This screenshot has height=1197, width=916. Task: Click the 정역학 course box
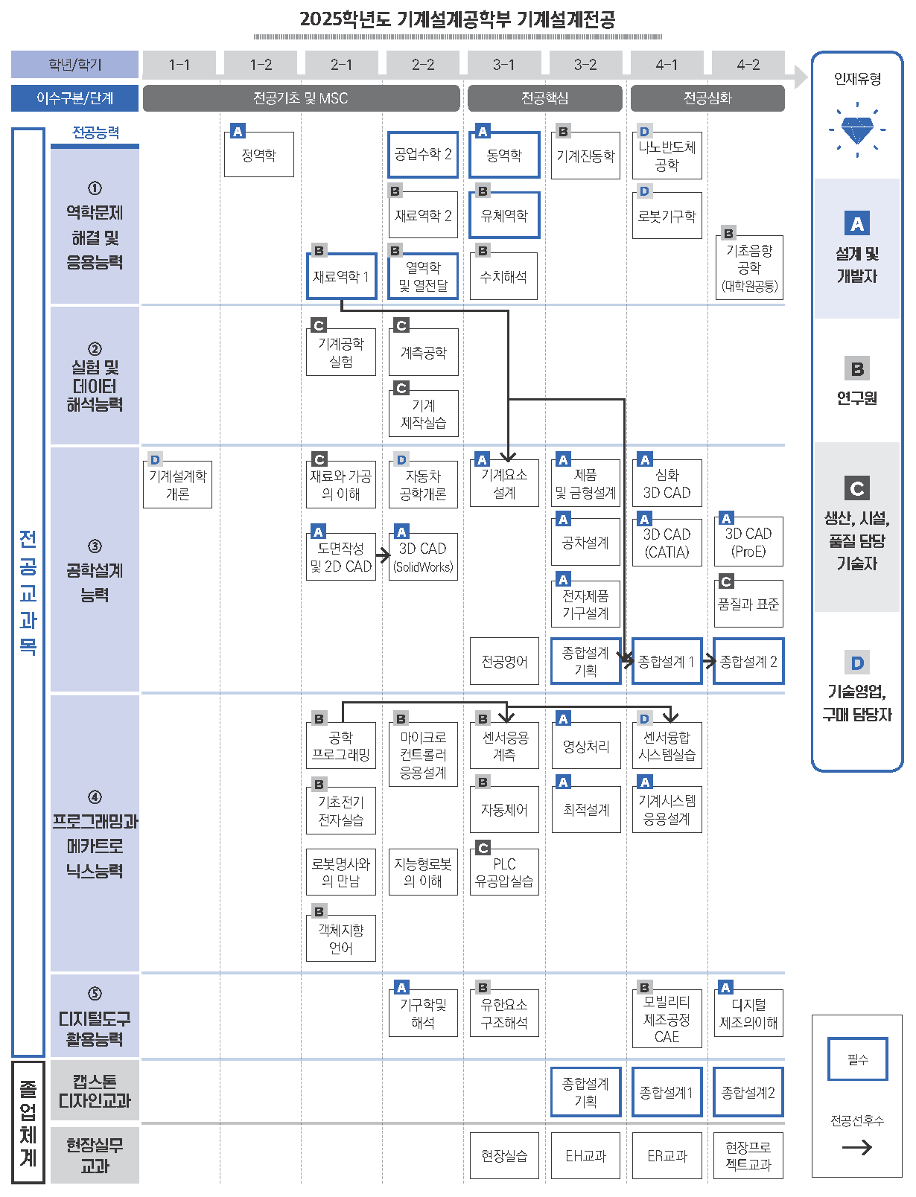pyautogui.click(x=259, y=155)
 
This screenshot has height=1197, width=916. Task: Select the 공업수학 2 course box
pyautogui.click(x=423, y=155)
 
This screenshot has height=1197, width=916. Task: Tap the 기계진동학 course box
pyautogui.click(x=585, y=156)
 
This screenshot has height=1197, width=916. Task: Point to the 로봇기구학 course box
pyautogui.click(x=667, y=217)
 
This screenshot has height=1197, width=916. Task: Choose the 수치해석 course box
pyautogui.click(x=503, y=276)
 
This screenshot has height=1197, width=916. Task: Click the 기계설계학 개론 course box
pyautogui.click(x=177, y=485)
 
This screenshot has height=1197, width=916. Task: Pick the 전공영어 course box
pyautogui.click(x=504, y=661)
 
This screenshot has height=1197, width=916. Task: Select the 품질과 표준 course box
pyautogui.click(x=748, y=604)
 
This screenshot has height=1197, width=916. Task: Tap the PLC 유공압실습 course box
pyautogui.click(x=504, y=872)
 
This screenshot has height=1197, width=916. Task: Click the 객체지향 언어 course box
pyautogui.click(x=341, y=939)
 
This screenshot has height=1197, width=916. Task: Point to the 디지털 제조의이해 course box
pyautogui.click(x=748, y=1014)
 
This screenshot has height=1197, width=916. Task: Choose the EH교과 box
pyautogui.click(x=585, y=1156)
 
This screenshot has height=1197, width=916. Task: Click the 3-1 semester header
pyautogui.click(x=504, y=65)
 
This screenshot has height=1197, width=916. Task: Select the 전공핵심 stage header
pyautogui.click(x=544, y=98)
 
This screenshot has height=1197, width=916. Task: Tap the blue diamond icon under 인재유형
pyautogui.click(x=857, y=130)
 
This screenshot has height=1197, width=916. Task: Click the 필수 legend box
pyautogui.click(x=857, y=1059)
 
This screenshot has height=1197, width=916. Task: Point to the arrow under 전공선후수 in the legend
pyautogui.click(x=857, y=1148)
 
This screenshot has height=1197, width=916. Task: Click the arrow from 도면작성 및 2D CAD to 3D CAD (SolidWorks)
pyautogui.click(x=383, y=555)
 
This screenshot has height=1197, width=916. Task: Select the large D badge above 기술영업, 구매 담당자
pyautogui.click(x=857, y=663)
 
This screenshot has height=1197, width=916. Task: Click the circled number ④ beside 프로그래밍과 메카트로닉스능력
pyautogui.click(x=95, y=797)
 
